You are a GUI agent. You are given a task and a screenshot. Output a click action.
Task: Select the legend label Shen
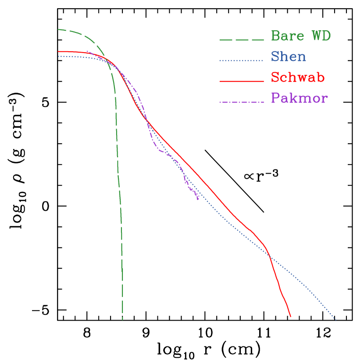(x=289, y=56)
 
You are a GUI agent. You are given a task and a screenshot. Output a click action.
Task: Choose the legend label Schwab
(x=298, y=78)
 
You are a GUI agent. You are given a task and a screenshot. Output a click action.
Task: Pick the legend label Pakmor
(x=299, y=98)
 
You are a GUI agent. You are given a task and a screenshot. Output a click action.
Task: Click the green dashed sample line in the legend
(x=242, y=40)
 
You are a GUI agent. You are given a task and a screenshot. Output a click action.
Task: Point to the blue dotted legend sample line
(x=242, y=60)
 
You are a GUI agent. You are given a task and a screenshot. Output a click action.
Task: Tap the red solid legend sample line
(x=242, y=81)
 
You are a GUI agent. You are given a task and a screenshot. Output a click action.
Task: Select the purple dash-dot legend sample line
(x=242, y=102)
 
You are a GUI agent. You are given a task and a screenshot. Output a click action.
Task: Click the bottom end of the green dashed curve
(x=122, y=320)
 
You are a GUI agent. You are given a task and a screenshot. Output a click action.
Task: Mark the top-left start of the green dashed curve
(x=58, y=30)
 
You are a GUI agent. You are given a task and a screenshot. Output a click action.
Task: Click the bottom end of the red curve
(x=290, y=316)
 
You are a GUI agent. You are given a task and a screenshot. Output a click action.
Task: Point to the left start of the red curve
(x=58, y=52)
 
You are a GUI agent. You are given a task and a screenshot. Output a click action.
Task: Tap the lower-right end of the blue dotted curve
(x=336, y=320)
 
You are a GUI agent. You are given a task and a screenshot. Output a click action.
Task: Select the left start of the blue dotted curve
(x=58, y=56)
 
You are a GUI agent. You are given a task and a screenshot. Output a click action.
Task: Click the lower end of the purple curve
(x=199, y=200)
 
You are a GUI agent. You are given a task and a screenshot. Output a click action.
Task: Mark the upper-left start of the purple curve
(x=87, y=51)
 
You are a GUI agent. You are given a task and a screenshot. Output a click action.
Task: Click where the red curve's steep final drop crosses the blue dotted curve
(x=269, y=257)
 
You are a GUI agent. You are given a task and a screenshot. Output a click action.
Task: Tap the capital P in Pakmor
(x=275, y=98)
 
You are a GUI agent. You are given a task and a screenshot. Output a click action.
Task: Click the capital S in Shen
(x=275, y=56)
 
